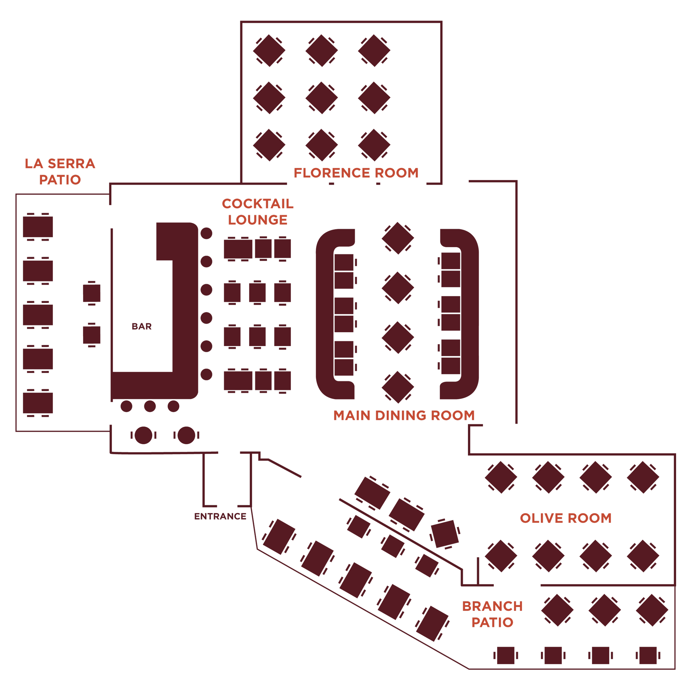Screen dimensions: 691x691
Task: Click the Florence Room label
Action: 356,173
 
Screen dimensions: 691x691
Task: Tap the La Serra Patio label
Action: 60,172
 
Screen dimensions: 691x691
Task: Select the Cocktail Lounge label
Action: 258,212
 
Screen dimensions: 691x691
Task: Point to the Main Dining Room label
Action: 404,416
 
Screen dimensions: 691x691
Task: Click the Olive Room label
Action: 566,518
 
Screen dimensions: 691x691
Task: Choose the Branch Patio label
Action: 493,614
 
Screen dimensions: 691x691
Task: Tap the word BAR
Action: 142,326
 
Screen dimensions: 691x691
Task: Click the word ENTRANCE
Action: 220,517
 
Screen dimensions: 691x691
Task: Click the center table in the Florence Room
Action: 321,98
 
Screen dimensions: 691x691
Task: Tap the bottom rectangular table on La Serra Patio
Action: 38,403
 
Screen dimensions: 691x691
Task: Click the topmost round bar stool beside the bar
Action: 206,233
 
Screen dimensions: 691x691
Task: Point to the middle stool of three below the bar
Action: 150,406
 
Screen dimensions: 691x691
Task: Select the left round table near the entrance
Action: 143,435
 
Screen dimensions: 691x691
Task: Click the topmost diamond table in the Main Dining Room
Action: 398,238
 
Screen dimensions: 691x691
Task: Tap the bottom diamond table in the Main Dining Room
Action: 398,387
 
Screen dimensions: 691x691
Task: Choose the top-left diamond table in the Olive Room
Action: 501,477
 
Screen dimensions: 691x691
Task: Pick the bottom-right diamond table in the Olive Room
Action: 643,556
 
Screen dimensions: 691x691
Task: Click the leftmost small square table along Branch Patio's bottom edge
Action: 506,656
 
